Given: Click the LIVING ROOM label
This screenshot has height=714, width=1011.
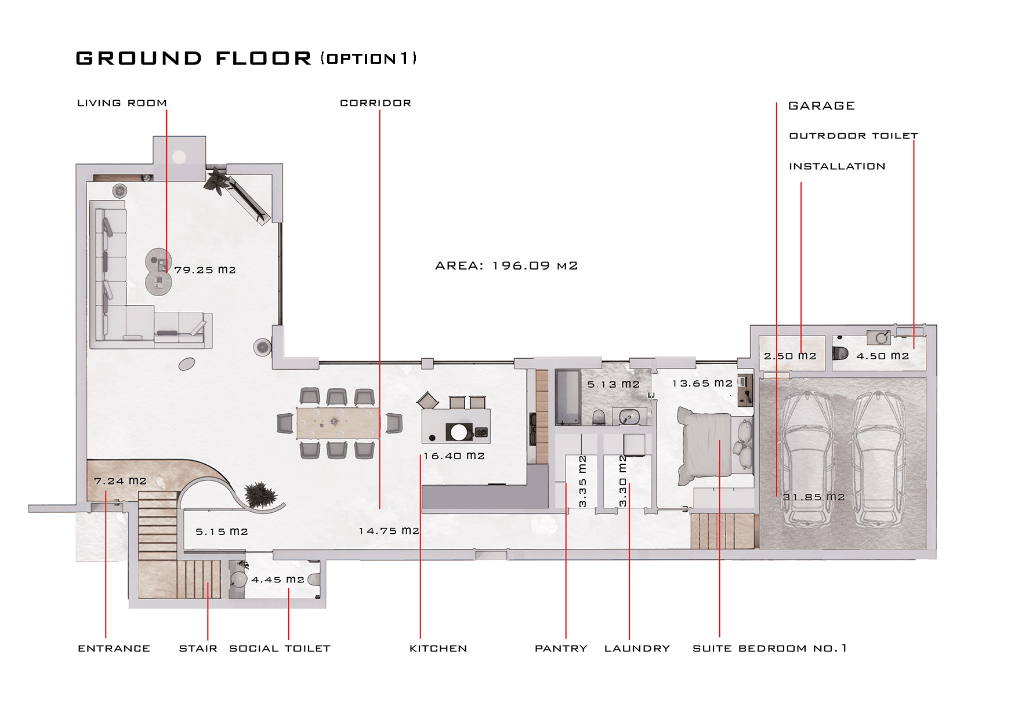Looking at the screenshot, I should (x=122, y=103).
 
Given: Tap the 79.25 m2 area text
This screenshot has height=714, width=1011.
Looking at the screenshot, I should (x=205, y=270).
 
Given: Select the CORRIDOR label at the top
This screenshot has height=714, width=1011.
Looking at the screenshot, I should (x=375, y=103).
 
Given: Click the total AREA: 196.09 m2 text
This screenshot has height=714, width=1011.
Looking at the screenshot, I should (x=506, y=266).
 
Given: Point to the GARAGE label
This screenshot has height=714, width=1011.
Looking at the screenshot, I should (x=821, y=106).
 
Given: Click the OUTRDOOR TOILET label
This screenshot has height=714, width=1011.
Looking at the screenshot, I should (x=853, y=136).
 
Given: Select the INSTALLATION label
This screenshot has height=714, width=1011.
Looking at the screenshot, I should (x=837, y=167).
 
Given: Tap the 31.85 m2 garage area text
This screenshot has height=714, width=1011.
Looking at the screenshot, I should (x=814, y=497).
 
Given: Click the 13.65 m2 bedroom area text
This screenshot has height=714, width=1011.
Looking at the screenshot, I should (x=702, y=384).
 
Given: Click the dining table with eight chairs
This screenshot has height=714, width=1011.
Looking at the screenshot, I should (x=338, y=423).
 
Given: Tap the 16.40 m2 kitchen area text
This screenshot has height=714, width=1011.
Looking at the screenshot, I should (x=454, y=456).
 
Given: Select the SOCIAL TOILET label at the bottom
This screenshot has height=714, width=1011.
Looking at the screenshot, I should (x=280, y=649).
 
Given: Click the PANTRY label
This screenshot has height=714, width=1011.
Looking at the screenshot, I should (x=561, y=649).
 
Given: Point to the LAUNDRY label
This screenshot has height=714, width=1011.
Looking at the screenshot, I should (x=637, y=649).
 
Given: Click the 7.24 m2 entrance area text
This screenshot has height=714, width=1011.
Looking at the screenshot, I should (x=120, y=481).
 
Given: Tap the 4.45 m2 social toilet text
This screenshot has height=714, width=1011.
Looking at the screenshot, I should (x=277, y=580).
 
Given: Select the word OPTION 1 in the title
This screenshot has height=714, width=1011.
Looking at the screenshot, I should (x=368, y=59).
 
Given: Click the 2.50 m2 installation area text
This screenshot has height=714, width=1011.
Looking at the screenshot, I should (x=790, y=356).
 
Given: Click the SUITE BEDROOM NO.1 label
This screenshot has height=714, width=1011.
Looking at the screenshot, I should (x=770, y=649).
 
